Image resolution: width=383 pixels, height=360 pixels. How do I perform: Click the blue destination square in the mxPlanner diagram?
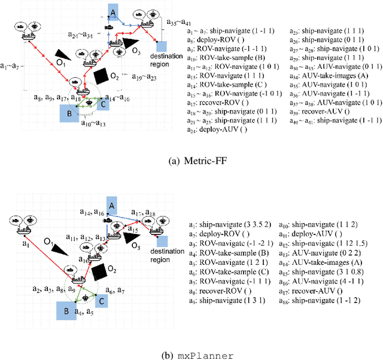160,241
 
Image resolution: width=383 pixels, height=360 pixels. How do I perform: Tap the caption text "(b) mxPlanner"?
191,355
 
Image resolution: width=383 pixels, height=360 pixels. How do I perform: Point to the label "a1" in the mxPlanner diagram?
26,243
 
